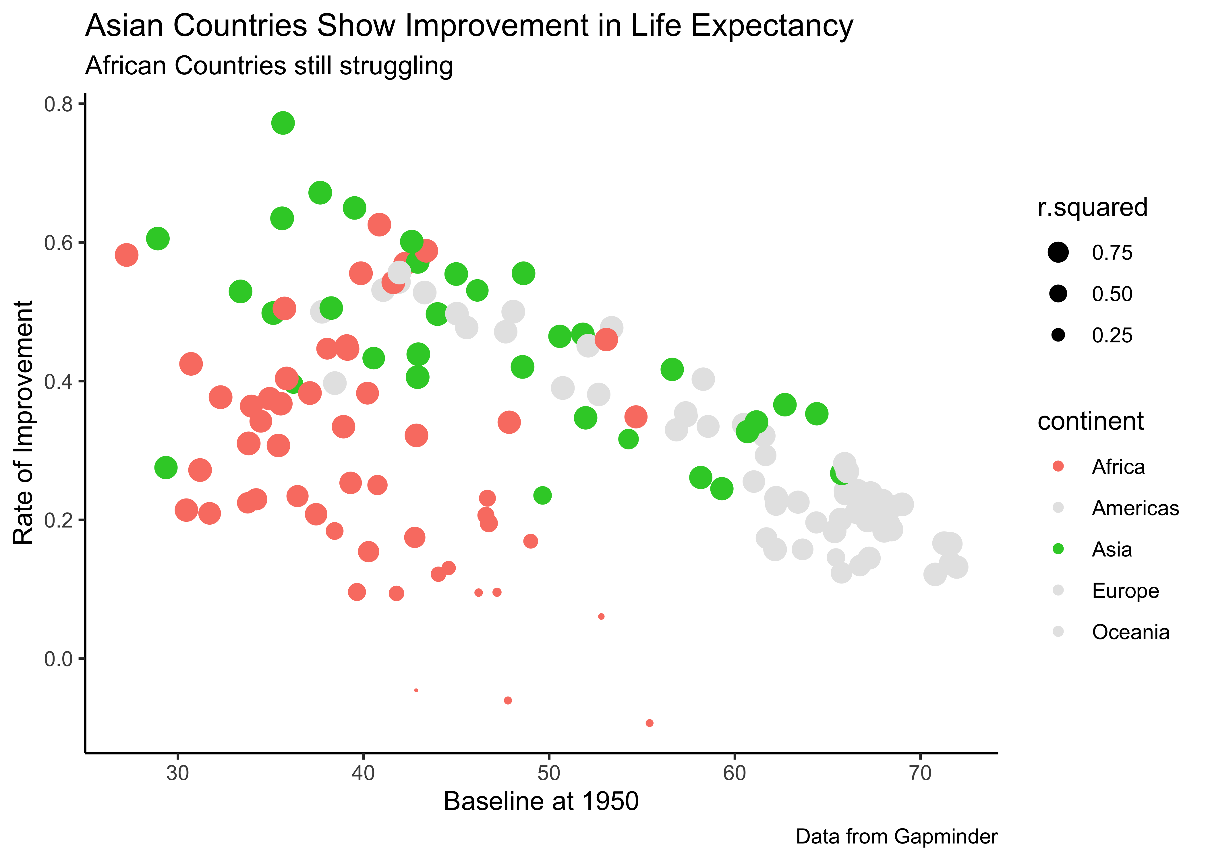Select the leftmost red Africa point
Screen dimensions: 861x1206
point(126,255)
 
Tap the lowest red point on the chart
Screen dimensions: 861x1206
point(649,723)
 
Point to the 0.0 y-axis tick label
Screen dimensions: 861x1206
point(58,659)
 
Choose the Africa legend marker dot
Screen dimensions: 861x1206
point(1058,467)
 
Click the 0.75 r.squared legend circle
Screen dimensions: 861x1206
point(1058,252)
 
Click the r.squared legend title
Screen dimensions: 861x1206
point(1092,207)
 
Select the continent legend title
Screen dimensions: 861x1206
point(1090,421)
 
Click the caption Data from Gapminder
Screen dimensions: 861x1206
point(896,837)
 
